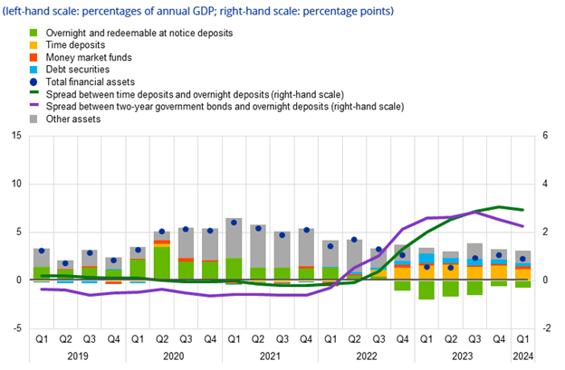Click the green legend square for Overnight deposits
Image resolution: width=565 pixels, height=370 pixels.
tap(34, 33)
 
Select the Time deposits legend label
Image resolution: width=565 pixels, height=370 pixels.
tap(75, 45)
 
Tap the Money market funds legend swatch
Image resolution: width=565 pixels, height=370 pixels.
tap(34, 57)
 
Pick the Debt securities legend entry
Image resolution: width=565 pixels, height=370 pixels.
tap(78, 69)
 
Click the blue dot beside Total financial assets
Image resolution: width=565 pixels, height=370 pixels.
tap(34, 82)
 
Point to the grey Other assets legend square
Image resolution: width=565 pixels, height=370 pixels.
tap(34, 119)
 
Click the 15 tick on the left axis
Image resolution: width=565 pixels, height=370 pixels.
tap(16, 136)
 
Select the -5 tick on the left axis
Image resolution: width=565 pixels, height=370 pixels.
tap(16, 328)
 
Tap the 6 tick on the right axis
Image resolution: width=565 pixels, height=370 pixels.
tap(545, 136)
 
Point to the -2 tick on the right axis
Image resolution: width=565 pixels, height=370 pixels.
tap(546, 328)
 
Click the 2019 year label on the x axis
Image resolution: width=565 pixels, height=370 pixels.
tap(78, 356)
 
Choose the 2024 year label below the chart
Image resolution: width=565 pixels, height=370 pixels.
tap(522, 356)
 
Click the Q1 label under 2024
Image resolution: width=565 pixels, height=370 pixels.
tap(522, 339)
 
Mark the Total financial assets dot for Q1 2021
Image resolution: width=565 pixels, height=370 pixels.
tap(234, 223)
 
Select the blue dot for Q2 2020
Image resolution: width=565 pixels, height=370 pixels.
tap(162, 232)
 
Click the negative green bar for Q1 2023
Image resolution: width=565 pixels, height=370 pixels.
tap(426, 289)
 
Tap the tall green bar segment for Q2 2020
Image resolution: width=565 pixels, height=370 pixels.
tap(162, 263)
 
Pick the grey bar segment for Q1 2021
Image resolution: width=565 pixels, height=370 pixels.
tap(234, 238)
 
